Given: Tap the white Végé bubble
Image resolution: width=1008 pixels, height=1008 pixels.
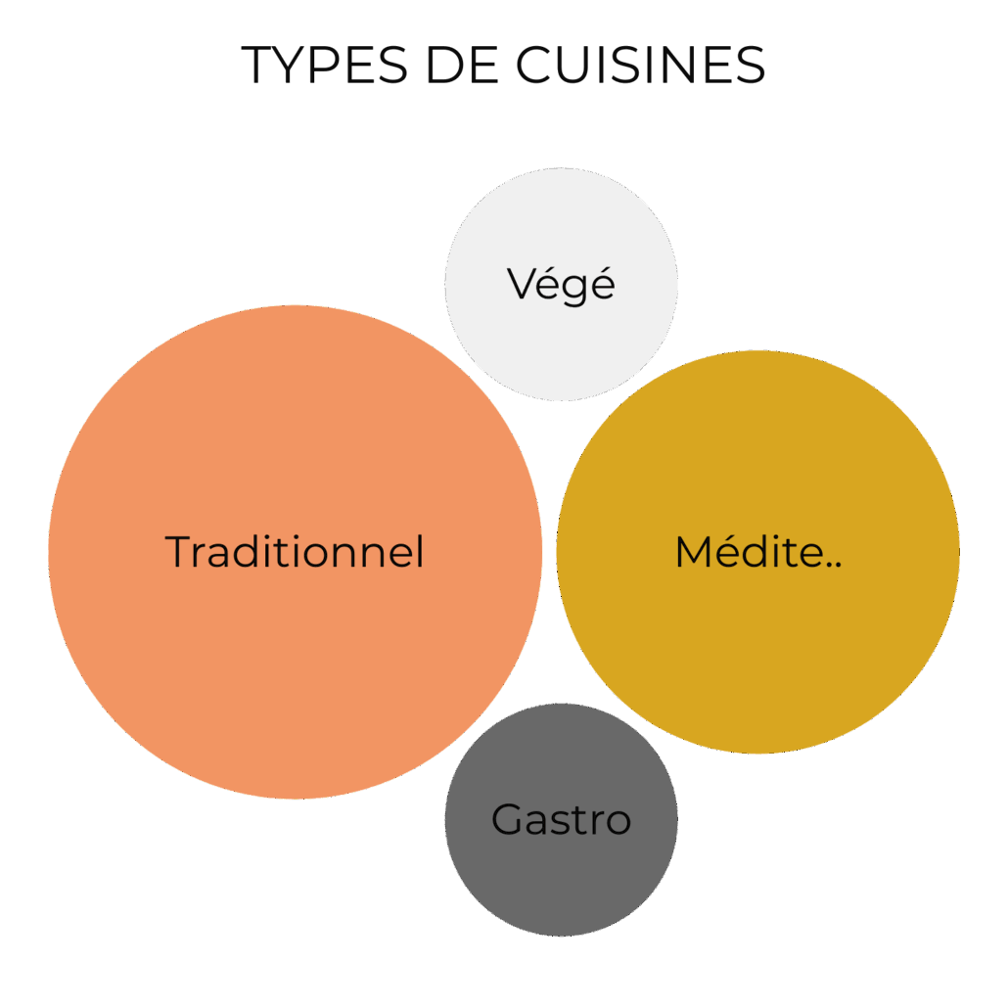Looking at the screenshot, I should [561, 343].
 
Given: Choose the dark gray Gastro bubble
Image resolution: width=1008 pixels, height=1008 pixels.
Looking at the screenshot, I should [561, 881].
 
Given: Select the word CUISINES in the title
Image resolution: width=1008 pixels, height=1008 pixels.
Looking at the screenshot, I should [640, 65].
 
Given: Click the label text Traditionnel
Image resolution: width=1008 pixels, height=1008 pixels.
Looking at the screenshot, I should [294, 552].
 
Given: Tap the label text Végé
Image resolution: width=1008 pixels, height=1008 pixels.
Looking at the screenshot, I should [561, 284].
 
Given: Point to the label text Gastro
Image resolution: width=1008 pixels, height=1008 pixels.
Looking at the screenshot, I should [561, 819].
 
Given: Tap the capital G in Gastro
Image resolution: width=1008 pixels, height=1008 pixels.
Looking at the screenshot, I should [506, 819].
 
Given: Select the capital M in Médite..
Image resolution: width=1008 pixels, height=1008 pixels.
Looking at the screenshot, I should [693, 553].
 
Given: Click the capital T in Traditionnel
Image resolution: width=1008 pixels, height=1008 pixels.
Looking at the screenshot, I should [178, 552].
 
